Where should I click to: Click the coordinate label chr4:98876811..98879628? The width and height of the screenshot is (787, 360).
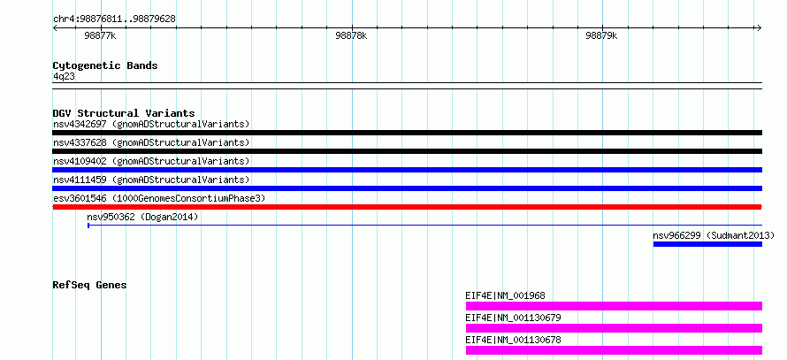[114, 19]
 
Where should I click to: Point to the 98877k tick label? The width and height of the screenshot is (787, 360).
[101, 36]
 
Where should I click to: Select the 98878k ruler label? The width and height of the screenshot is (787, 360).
[351, 36]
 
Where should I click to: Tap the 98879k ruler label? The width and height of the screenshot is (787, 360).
[601, 36]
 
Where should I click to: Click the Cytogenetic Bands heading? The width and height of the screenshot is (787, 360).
[105, 65]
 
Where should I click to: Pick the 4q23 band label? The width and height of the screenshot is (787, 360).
[65, 76]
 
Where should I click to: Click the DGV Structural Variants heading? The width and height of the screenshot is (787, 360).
[124, 113]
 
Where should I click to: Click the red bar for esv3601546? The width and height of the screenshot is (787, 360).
[407, 207]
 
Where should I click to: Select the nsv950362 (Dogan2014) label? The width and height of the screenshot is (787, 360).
[142, 217]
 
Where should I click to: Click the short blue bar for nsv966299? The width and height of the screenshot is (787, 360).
[707, 244]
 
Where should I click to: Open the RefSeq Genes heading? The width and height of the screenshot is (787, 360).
[90, 285]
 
